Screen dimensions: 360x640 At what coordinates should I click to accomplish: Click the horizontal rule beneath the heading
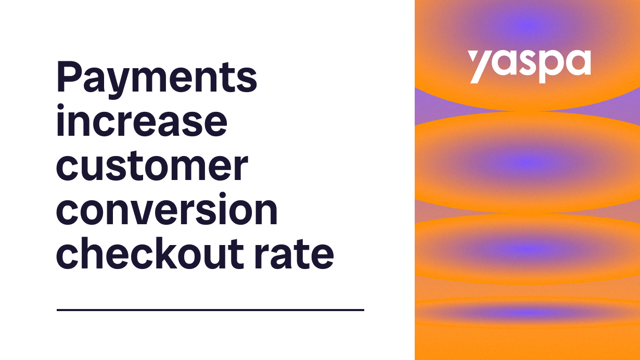(x=210, y=310)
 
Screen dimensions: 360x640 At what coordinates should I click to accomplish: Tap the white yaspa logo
(x=529, y=65)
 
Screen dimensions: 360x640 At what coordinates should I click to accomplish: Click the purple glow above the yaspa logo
(x=528, y=23)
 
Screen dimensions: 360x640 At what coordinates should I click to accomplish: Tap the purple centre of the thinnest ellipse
(x=527, y=313)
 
